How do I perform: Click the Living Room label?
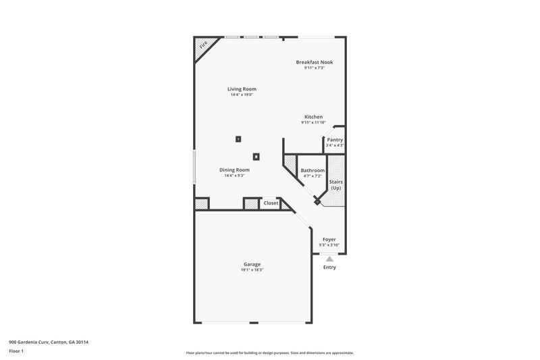[242, 88]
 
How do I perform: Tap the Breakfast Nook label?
[315, 62]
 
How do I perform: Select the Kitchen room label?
[313, 117]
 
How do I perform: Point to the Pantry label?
[335, 140]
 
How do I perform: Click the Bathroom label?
[313, 170]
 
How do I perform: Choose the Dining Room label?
[234, 170]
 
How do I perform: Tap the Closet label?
[271, 203]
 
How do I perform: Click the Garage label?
[252, 264]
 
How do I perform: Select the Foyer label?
[329, 239]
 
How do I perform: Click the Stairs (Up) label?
[335, 184]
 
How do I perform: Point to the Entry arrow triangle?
[329, 258]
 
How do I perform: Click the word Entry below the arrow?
[329, 267]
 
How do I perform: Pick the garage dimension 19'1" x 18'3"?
[252, 270]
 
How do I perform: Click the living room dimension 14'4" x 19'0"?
[242, 95]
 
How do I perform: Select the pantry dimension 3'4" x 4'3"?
[335, 145]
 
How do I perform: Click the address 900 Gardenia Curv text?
[49, 342]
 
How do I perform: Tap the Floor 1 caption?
[16, 352]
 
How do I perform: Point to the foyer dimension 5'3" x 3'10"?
[329, 245]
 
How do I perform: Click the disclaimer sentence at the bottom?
[270, 353]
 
